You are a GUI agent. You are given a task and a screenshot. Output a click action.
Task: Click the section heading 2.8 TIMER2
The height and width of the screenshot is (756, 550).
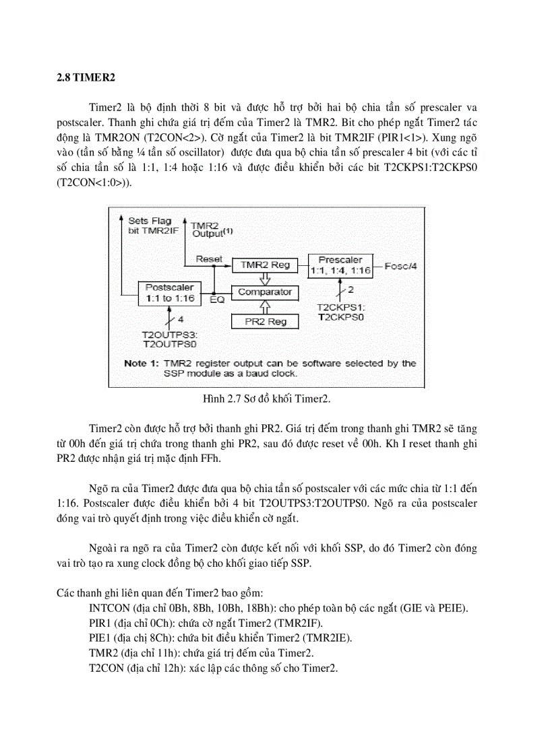(x=86, y=77)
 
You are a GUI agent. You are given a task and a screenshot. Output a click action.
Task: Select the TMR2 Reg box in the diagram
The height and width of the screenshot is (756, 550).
(x=265, y=265)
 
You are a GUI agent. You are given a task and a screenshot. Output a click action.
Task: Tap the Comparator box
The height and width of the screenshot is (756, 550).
(x=265, y=292)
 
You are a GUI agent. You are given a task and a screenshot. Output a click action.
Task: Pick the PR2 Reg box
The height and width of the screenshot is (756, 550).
(x=265, y=322)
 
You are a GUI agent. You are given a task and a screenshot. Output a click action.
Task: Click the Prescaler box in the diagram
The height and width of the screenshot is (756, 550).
(x=340, y=265)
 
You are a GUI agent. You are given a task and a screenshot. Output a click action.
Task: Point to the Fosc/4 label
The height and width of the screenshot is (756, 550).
(x=401, y=266)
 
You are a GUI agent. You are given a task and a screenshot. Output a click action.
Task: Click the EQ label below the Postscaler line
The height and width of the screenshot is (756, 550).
(x=217, y=300)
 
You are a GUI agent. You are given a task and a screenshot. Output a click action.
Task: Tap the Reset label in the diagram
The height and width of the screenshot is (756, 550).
(x=209, y=259)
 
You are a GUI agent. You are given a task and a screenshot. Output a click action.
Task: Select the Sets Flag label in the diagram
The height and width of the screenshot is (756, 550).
(x=150, y=221)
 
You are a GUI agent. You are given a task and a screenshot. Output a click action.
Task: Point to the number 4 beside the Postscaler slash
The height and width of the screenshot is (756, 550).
(x=180, y=318)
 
